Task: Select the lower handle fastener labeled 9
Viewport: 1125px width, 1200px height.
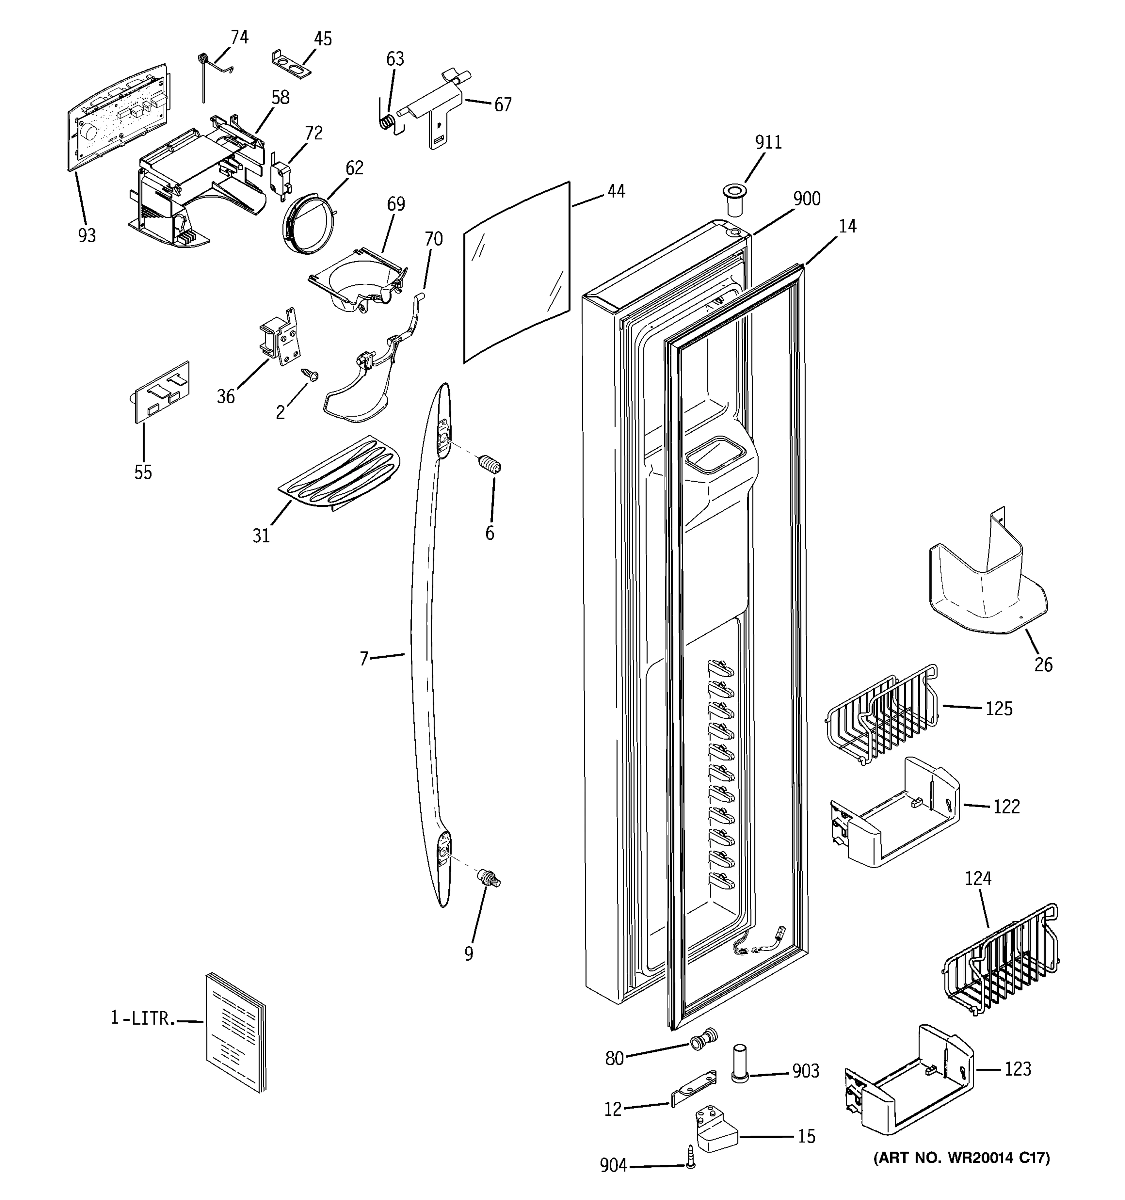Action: [x=489, y=878]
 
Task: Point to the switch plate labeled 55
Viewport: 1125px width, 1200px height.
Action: [x=161, y=392]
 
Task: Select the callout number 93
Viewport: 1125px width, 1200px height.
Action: [x=87, y=236]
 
